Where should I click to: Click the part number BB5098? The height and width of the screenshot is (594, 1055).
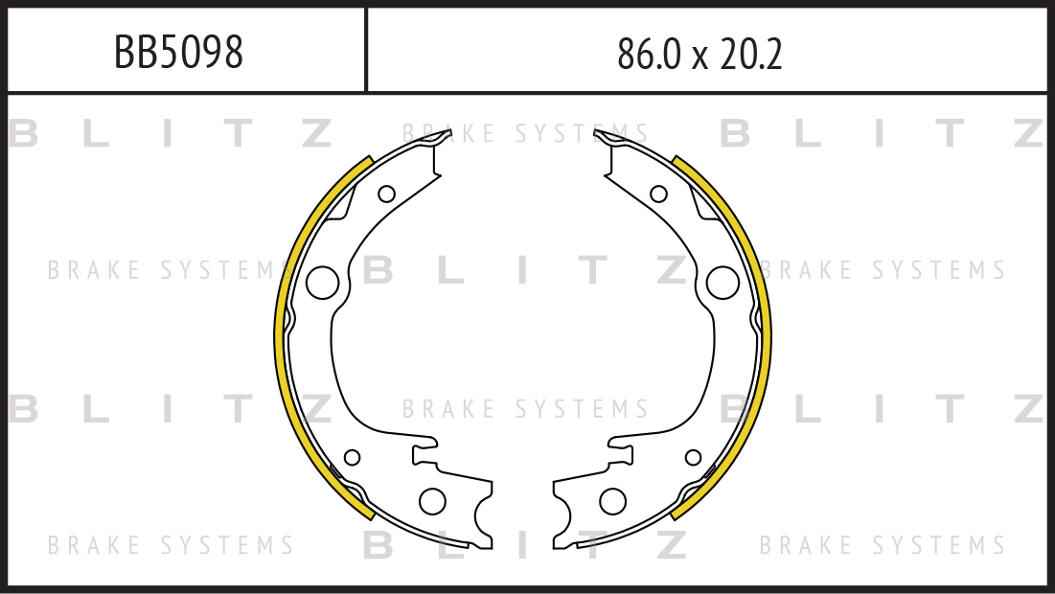point(178,52)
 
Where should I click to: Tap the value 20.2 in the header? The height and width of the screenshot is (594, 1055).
point(751,54)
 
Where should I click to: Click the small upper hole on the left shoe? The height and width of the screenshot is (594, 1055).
point(386,194)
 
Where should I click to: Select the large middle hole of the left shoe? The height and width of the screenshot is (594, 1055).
point(322,283)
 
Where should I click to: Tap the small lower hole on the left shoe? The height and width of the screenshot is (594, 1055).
point(352,457)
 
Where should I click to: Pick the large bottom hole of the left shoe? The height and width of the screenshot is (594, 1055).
point(432,501)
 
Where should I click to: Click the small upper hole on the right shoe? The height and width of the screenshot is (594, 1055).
point(658,194)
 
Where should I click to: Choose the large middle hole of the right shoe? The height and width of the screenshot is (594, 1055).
point(722,283)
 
